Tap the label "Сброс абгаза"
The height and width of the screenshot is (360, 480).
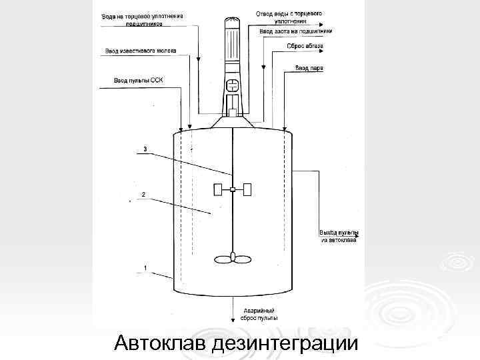(305, 46)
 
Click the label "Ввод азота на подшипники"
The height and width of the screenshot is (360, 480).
(295, 31)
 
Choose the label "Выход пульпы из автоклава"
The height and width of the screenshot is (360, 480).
(339, 236)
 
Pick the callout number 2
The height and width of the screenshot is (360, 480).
(143, 195)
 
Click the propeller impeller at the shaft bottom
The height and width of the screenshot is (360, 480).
(232, 257)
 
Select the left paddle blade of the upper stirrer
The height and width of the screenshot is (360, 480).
(217, 190)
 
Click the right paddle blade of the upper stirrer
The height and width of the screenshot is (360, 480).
(247, 190)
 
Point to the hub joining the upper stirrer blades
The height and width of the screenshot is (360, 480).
(232, 190)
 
